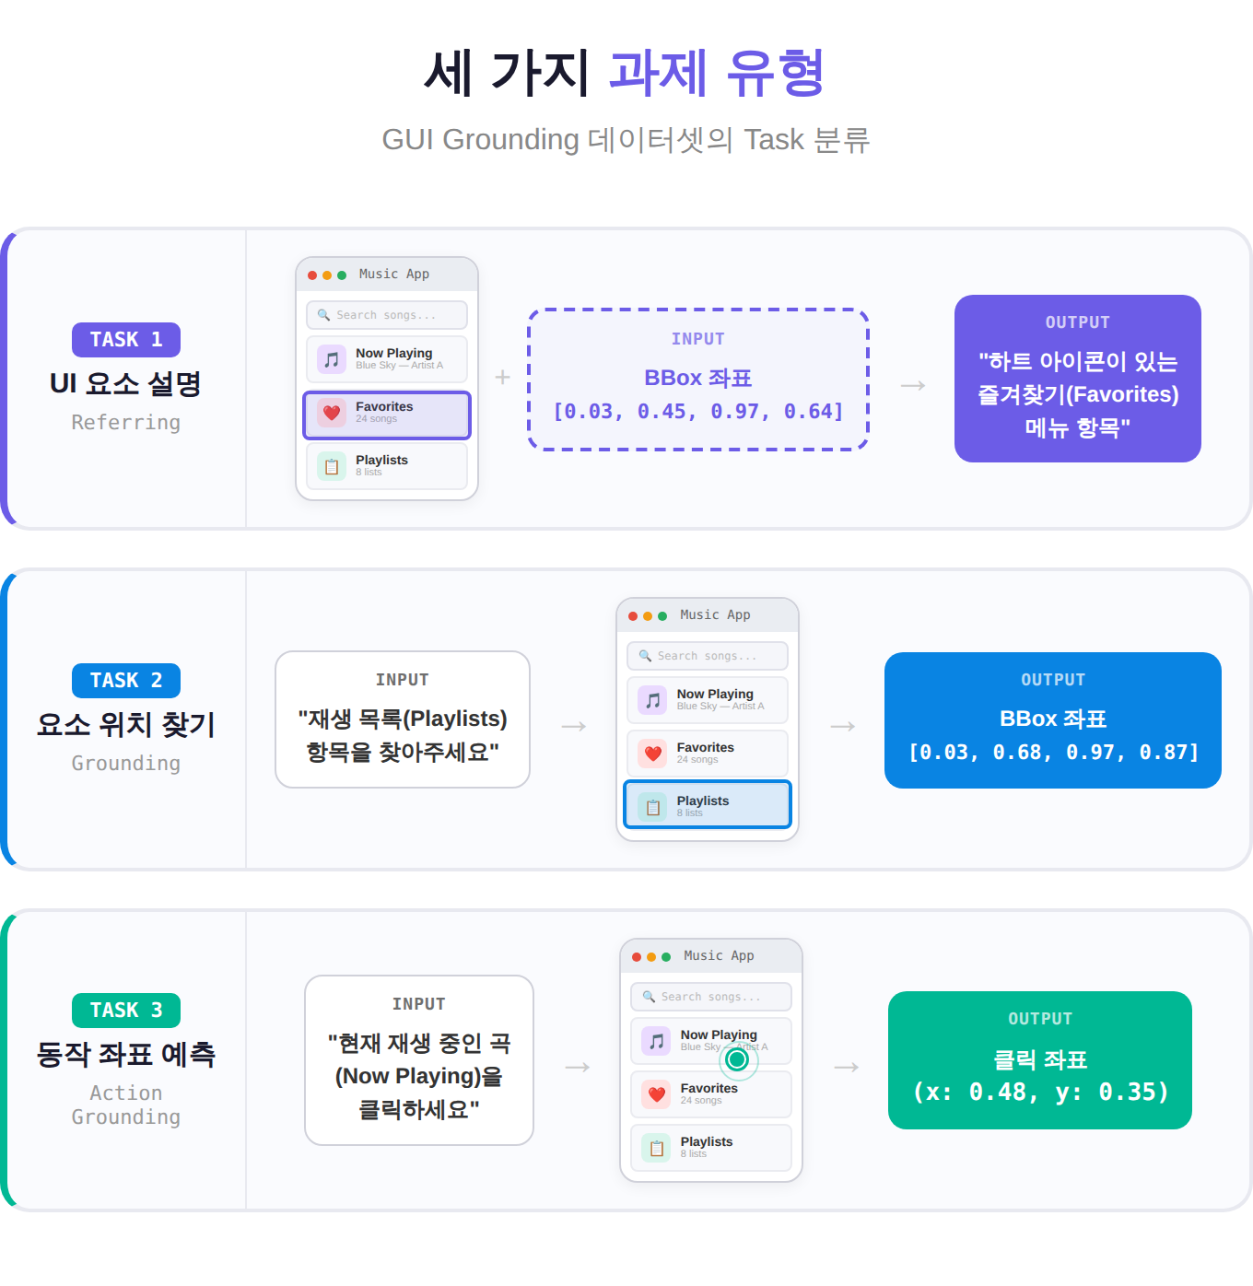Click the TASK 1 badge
(125, 340)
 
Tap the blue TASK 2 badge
(125, 680)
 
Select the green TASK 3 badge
(125, 1010)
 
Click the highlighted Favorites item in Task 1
(387, 415)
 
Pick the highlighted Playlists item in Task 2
(708, 803)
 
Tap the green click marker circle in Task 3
(738, 1059)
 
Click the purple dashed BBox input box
(697, 380)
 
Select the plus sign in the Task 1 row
(503, 377)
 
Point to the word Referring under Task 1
(125, 422)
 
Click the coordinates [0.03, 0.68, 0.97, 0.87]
(1053, 752)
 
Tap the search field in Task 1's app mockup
(387, 314)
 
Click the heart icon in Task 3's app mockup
(656, 1094)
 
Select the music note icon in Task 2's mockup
(653, 700)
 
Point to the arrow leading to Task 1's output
(913, 385)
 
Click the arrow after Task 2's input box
(574, 726)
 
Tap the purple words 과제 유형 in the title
(717, 73)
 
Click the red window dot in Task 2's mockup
(632, 616)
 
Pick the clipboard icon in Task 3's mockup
(656, 1148)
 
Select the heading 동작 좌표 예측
(125, 1053)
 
